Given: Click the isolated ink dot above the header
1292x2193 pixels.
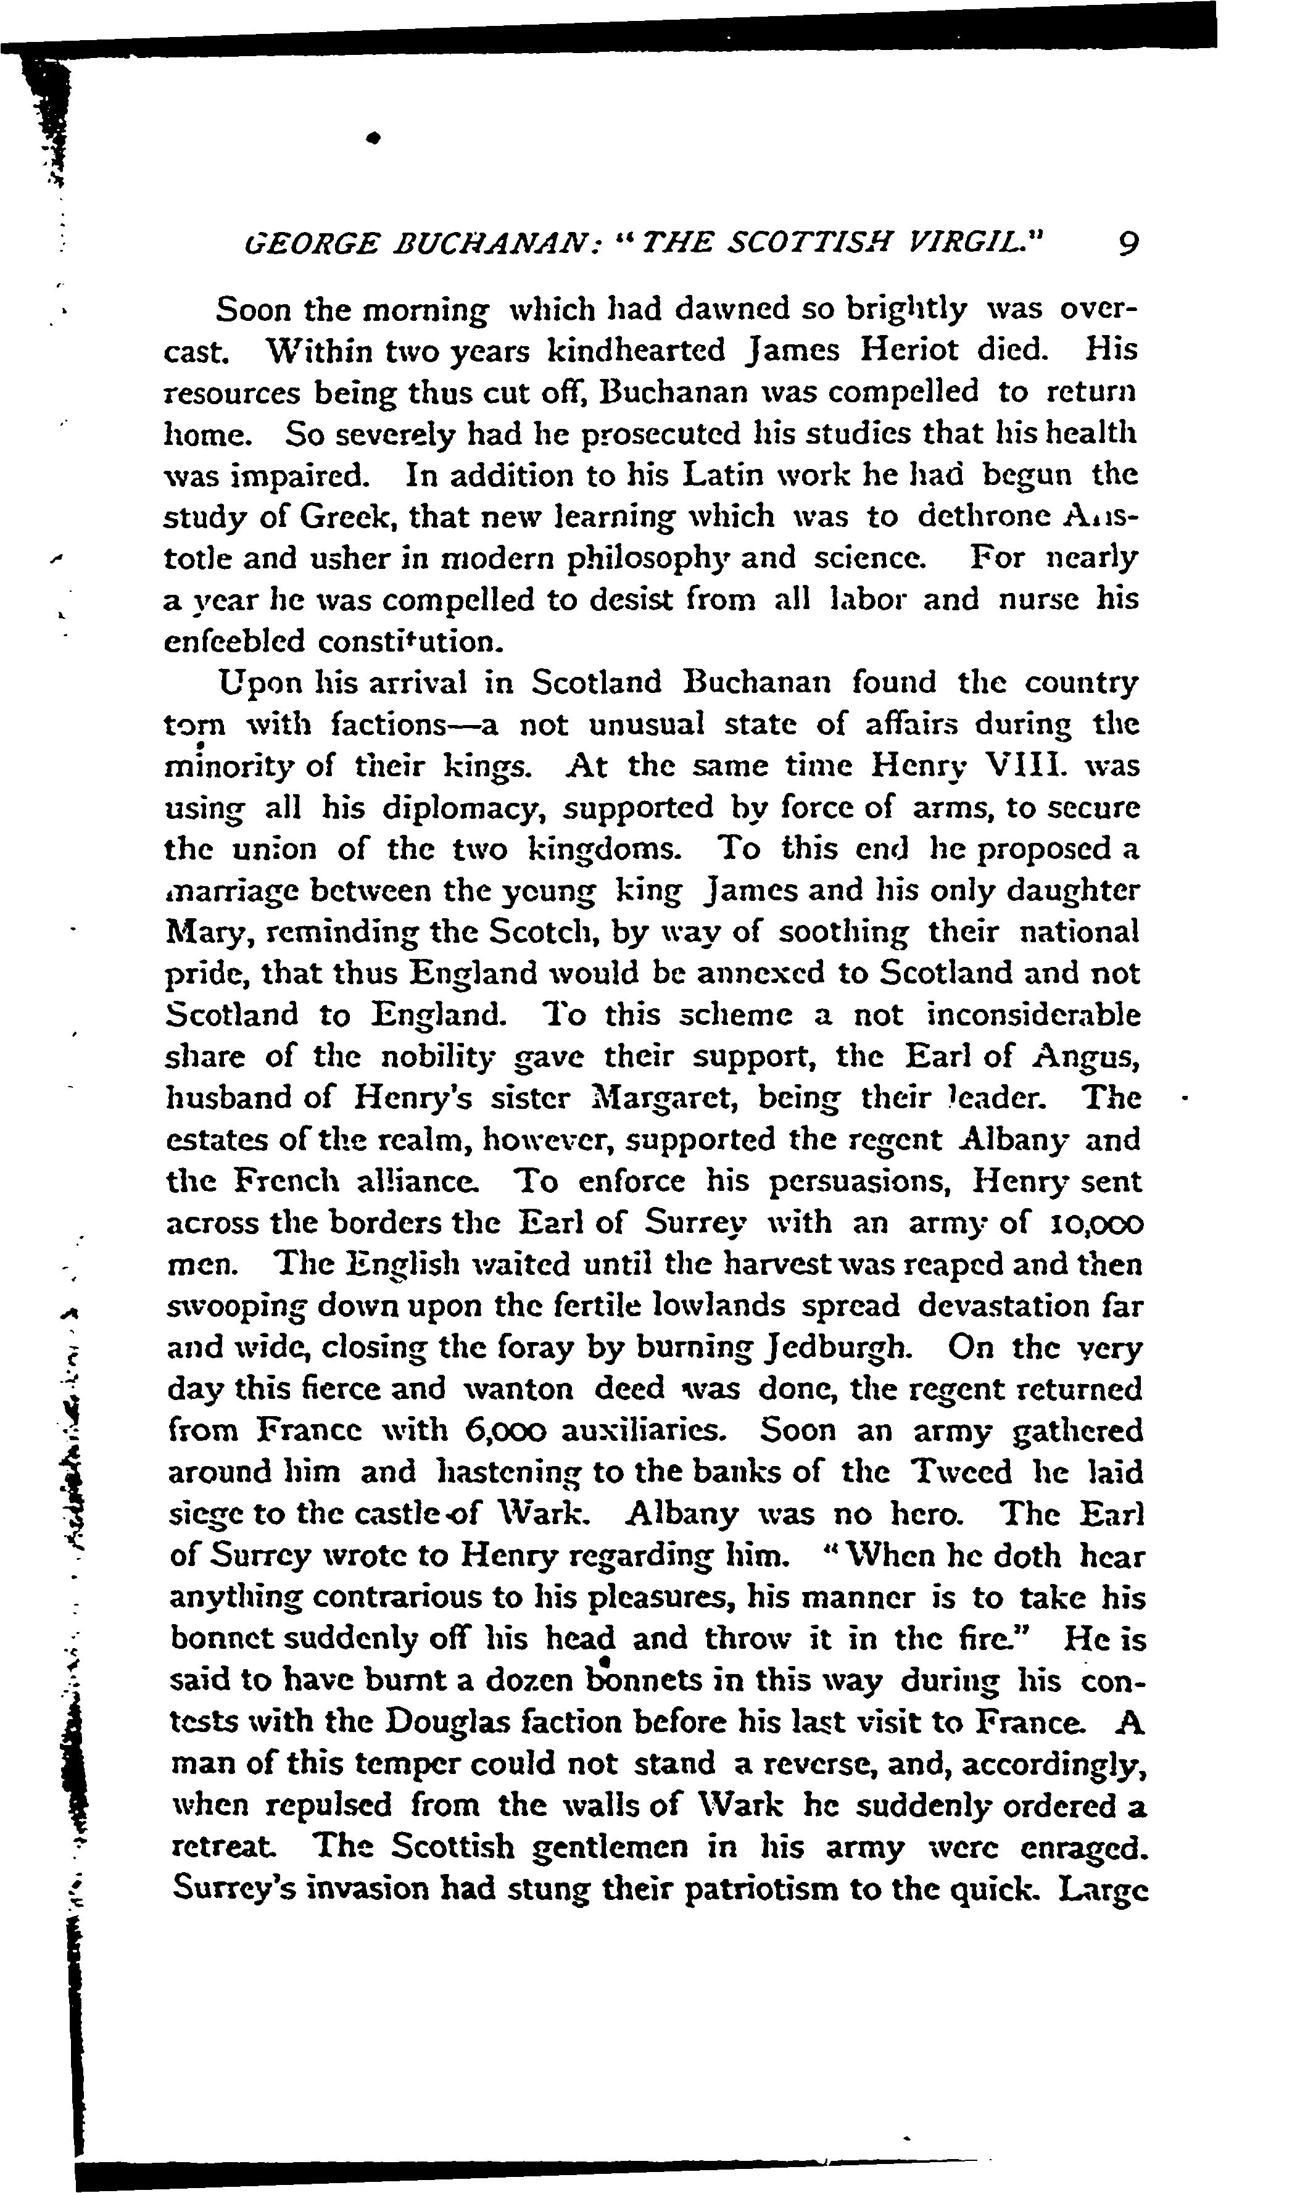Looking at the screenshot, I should [375, 138].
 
